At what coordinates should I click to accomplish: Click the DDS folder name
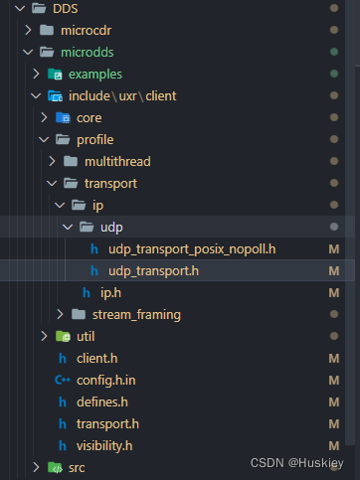pos(67,9)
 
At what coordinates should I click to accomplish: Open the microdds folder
pos(88,52)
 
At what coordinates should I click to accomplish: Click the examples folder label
pos(95,74)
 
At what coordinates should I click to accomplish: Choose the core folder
pos(89,117)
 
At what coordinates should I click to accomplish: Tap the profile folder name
pos(94,139)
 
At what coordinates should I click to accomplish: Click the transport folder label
pos(110,183)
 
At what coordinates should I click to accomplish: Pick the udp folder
pos(111,227)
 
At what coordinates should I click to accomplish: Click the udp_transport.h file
pos(153,270)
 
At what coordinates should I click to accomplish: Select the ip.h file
pos(109,292)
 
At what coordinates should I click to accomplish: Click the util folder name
pos(86,336)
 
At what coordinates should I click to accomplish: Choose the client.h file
pos(96,358)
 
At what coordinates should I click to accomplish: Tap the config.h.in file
pos(105,380)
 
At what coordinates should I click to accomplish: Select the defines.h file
pos(102,401)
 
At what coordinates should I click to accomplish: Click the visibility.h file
pos(104,445)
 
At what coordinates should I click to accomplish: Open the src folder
pos(77,467)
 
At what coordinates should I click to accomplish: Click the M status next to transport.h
pos(335,423)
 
